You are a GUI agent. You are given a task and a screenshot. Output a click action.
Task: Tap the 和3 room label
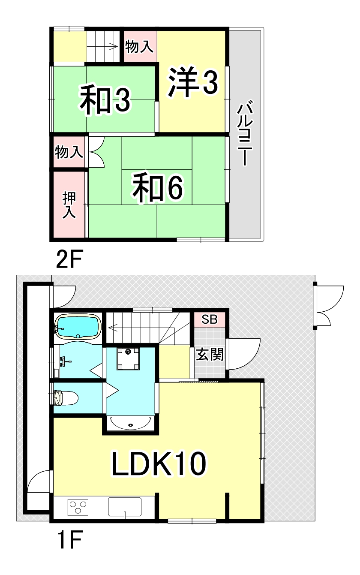pyautogui.click(x=105, y=99)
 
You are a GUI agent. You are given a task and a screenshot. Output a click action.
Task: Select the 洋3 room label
pyautogui.click(x=192, y=82)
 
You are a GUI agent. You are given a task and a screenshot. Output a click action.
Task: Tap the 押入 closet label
pyautogui.click(x=69, y=205)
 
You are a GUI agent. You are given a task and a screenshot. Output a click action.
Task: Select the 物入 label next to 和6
pyautogui.click(x=69, y=152)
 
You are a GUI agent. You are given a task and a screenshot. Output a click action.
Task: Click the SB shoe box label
pyautogui.click(x=210, y=319)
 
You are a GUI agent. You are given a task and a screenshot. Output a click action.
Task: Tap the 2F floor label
pyautogui.click(x=69, y=259)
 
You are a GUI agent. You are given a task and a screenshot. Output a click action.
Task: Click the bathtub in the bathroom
pyautogui.click(x=78, y=327)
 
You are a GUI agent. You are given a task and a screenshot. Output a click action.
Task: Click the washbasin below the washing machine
pyautogui.click(x=130, y=424)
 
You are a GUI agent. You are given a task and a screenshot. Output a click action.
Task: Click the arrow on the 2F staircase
pyautogui.click(x=113, y=47)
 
